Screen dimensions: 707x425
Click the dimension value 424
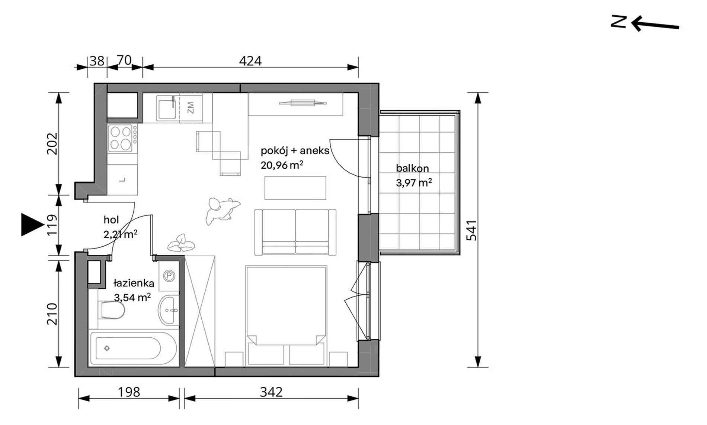250,61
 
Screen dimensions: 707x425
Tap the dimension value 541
471,230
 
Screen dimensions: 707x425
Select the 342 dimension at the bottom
271,392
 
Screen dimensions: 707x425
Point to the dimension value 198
129,392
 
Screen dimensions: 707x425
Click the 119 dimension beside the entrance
52,225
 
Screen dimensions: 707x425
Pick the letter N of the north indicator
618,22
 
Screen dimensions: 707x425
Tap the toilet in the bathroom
112,310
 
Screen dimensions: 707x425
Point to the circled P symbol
169,276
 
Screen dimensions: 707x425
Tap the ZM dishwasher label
190,108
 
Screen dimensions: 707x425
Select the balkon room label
412,168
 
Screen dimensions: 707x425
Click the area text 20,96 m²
282,165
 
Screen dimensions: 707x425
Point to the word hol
111,220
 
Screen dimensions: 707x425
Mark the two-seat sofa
295,232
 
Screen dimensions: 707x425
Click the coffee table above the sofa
295,188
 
